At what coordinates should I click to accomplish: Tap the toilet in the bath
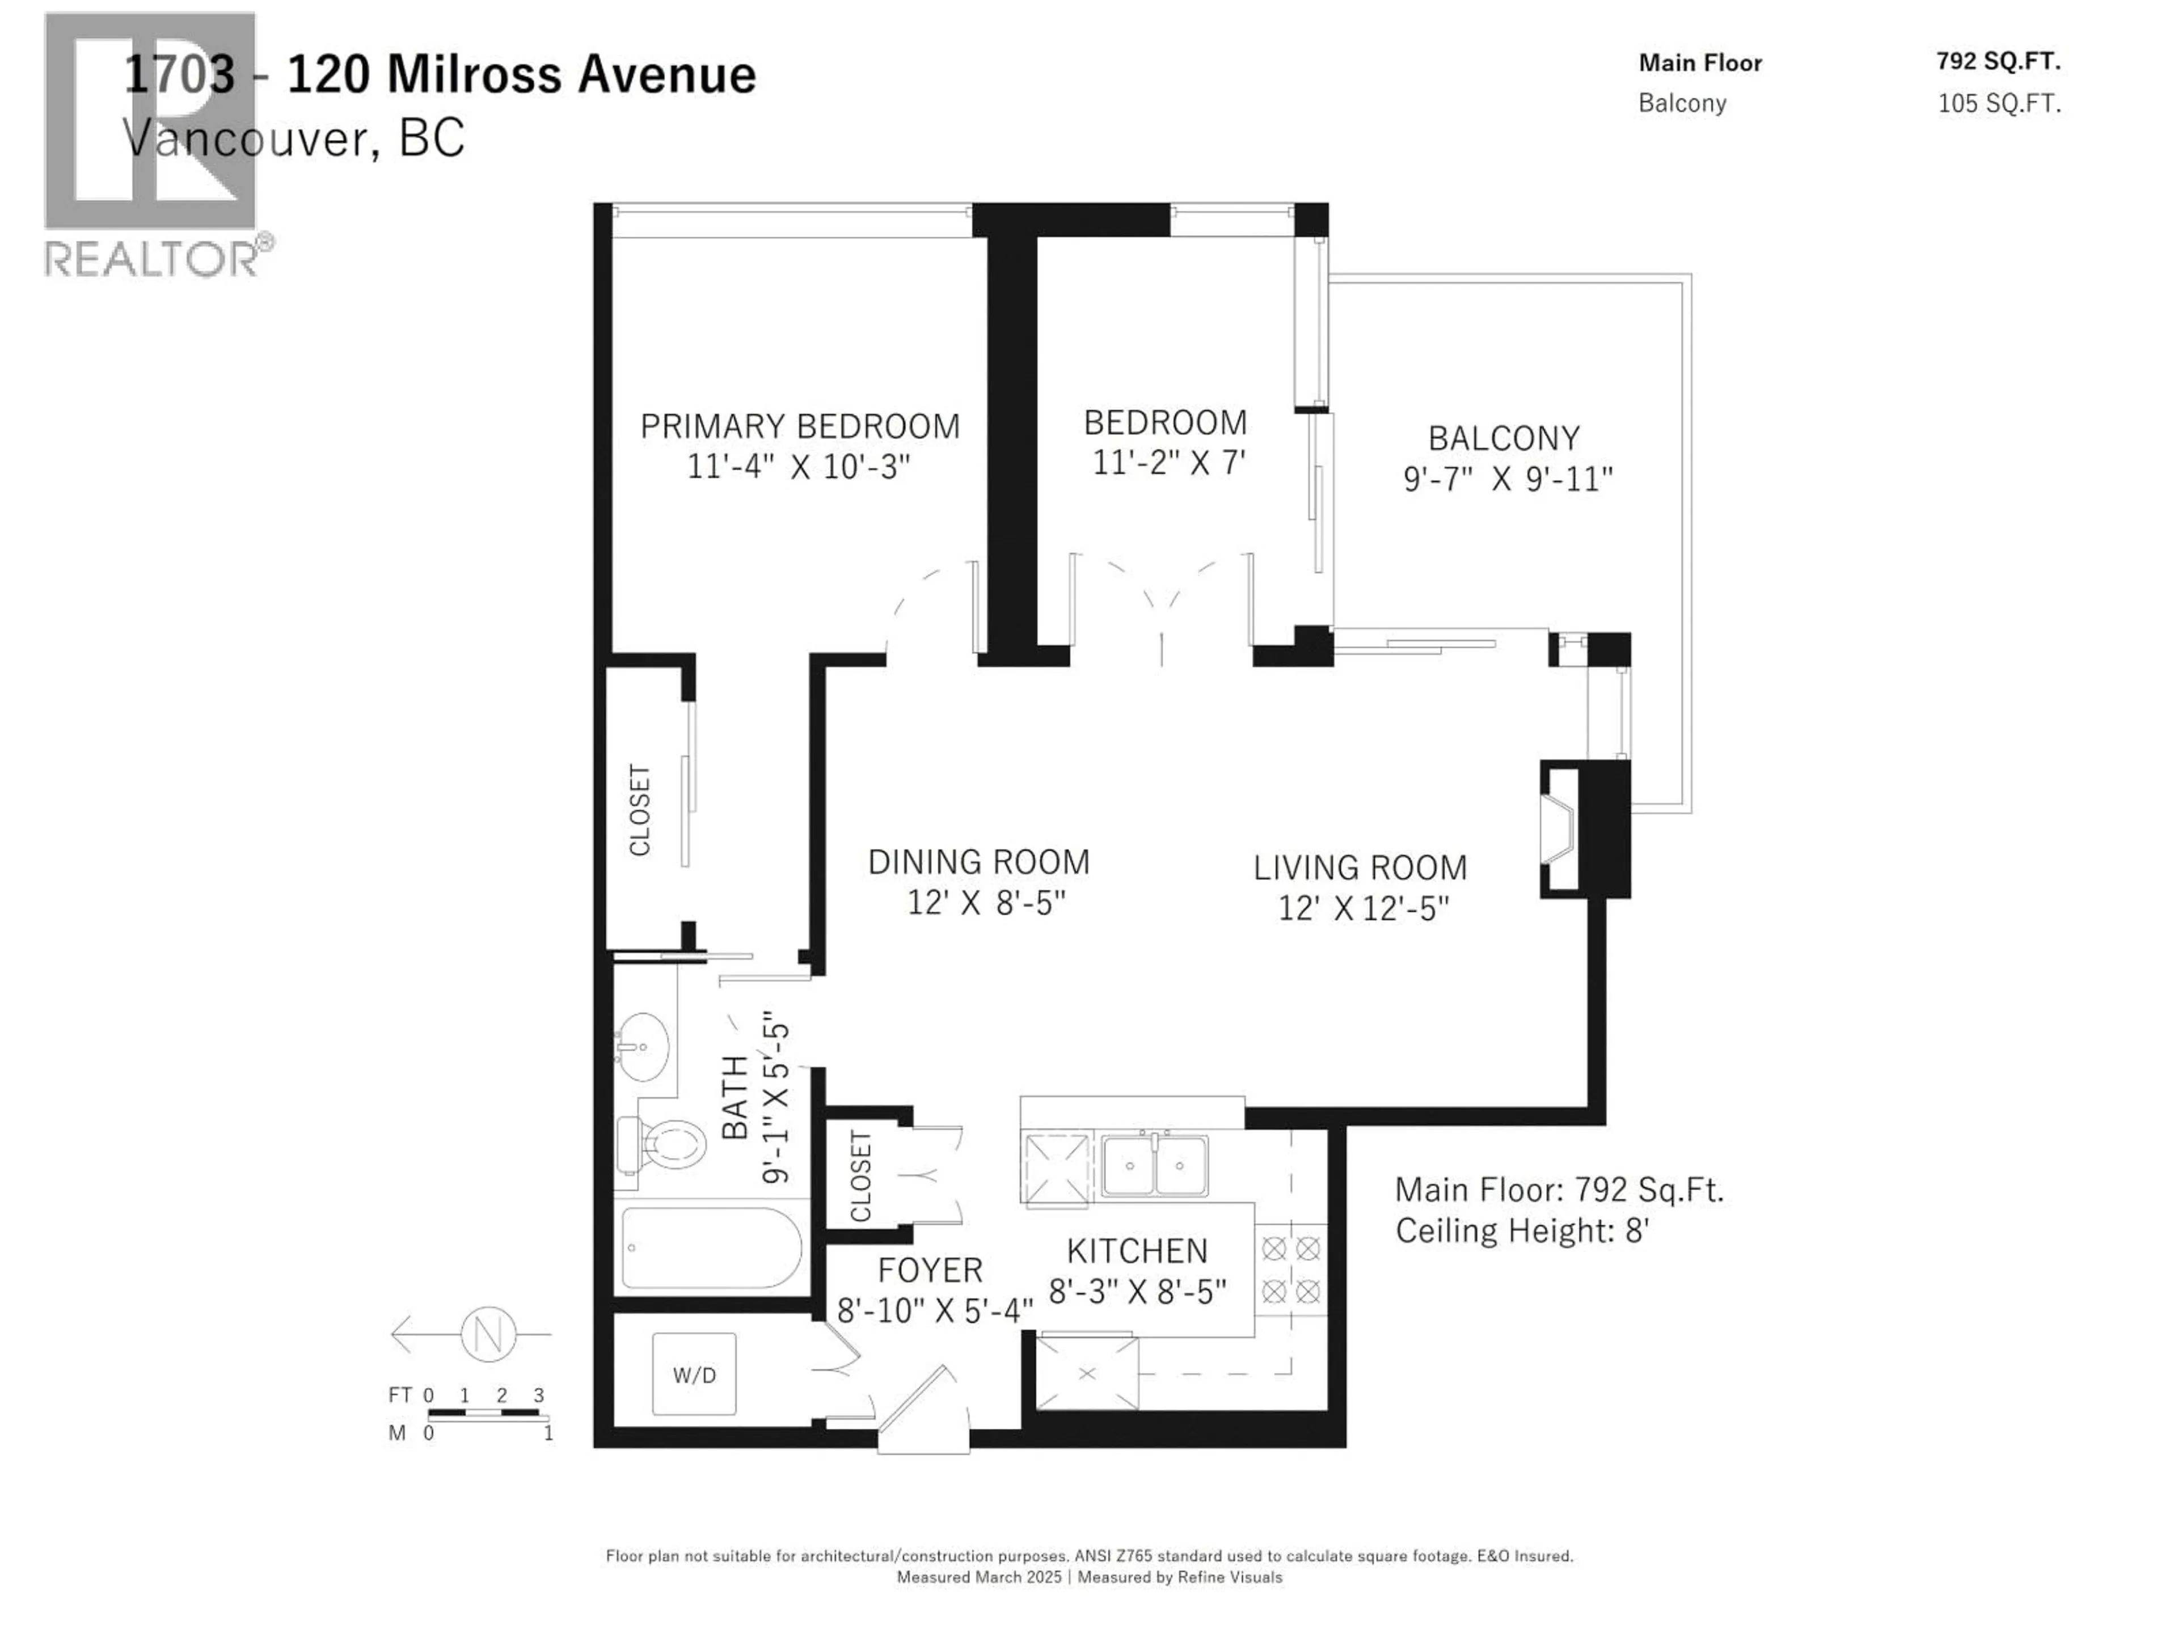pyautogui.click(x=665, y=1145)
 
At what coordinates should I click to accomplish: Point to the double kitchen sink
pyautogui.click(x=1154, y=1165)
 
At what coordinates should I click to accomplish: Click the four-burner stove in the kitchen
pyautogui.click(x=1291, y=1270)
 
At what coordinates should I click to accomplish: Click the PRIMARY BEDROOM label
pyautogui.click(x=800, y=426)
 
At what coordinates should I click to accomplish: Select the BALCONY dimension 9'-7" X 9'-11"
pyautogui.click(x=1508, y=479)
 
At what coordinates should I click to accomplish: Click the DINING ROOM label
pyautogui.click(x=979, y=862)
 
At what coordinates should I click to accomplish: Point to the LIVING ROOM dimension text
pyautogui.click(x=1363, y=908)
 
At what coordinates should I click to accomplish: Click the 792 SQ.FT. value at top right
pyautogui.click(x=1998, y=61)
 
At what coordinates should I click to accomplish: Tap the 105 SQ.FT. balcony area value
pyautogui.click(x=1999, y=103)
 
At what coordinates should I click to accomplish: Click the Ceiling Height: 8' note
pyautogui.click(x=1522, y=1230)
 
